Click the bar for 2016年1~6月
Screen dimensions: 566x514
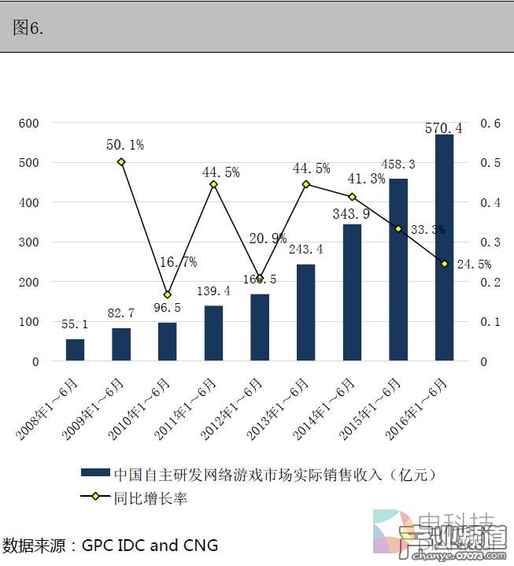pos(444,248)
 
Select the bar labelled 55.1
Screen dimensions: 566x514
pos(75,350)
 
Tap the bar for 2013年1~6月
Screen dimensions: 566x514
pos(305,313)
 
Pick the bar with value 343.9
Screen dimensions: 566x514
pos(352,293)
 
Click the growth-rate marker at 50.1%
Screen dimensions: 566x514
pos(121,162)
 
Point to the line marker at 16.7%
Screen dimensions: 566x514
pos(167,294)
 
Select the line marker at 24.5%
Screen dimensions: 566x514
pos(444,264)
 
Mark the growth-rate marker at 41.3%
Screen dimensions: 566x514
pos(352,197)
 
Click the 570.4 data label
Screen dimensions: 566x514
pos(444,128)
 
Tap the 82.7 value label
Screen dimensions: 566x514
pos(121,314)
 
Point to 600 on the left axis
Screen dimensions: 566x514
pos(28,124)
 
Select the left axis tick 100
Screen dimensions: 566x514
pos(28,322)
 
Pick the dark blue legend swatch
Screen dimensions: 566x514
pos(94,473)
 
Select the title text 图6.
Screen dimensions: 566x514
pos(28,28)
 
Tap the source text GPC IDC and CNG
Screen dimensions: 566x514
pos(150,545)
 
